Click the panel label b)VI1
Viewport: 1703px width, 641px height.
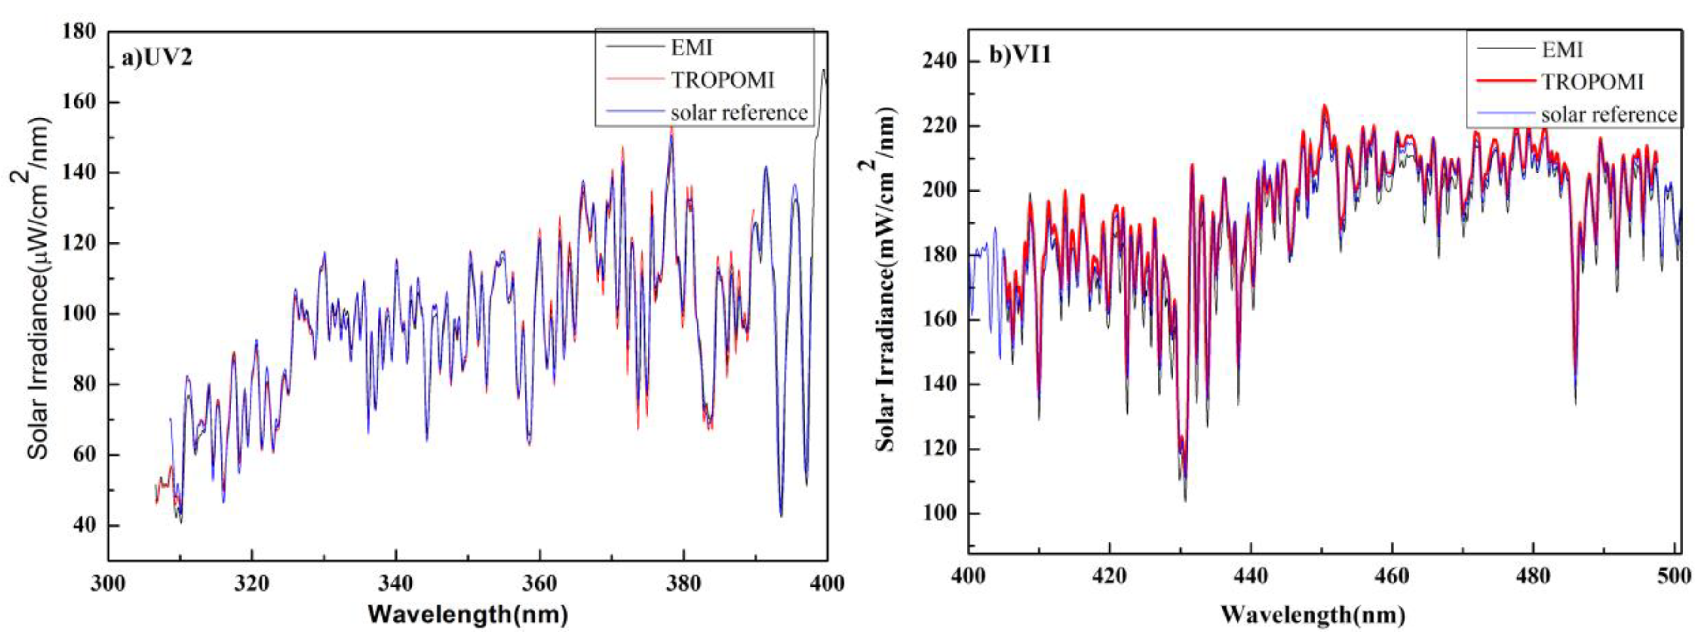[1020, 55]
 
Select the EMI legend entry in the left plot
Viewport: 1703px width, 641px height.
[692, 48]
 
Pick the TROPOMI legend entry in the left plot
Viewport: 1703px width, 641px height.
[722, 80]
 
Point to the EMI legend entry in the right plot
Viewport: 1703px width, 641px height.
[1562, 49]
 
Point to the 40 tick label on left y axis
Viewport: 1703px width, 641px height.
[84, 525]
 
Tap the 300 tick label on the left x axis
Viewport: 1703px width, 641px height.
[108, 583]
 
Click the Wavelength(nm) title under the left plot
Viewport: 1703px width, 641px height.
[467, 615]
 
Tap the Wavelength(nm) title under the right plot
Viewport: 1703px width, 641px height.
[1312, 615]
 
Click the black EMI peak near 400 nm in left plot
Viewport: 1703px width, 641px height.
[824, 70]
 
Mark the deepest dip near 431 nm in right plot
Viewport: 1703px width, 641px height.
[1185, 499]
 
